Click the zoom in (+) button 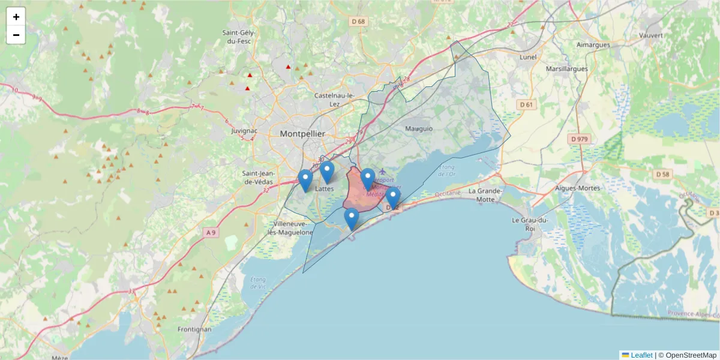click(x=16, y=17)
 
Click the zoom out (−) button click(x=16, y=35)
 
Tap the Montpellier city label click(x=302, y=134)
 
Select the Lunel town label click(x=528, y=57)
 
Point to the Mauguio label click(x=419, y=128)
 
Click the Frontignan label click(x=194, y=329)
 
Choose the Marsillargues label click(x=567, y=69)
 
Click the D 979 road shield click(x=580, y=139)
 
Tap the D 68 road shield click(x=358, y=22)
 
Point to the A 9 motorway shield click(x=210, y=232)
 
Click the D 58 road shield click(x=662, y=175)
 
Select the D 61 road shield click(x=526, y=104)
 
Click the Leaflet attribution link click(x=641, y=355)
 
